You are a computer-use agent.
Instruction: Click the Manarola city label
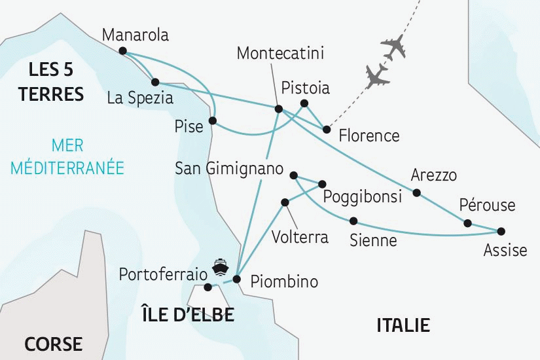pyautogui.click(x=136, y=35)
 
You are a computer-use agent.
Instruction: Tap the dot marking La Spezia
pyautogui.click(x=155, y=82)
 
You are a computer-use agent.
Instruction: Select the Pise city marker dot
pyautogui.click(x=212, y=120)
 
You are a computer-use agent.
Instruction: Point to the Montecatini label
pyautogui.click(x=280, y=53)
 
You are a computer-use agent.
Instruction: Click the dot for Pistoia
pyautogui.click(x=304, y=103)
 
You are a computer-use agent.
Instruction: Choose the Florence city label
pyautogui.click(x=369, y=136)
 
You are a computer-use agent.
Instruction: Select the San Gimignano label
pyautogui.click(x=229, y=169)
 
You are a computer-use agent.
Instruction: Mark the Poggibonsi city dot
pyautogui.click(x=323, y=183)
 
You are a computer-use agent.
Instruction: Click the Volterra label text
pyautogui.click(x=300, y=236)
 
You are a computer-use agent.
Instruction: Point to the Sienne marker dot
pyautogui.click(x=353, y=221)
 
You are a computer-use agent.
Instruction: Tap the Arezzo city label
pyautogui.click(x=433, y=175)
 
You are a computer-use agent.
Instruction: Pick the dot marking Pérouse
pyautogui.click(x=467, y=223)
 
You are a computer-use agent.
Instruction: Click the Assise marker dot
pyautogui.click(x=501, y=231)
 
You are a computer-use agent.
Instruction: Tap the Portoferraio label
pyautogui.click(x=160, y=274)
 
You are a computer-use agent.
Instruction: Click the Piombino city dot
pyautogui.click(x=237, y=279)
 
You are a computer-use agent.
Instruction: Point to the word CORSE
pyautogui.click(x=54, y=344)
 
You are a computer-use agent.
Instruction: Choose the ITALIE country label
pyautogui.click(x=403, y=325)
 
